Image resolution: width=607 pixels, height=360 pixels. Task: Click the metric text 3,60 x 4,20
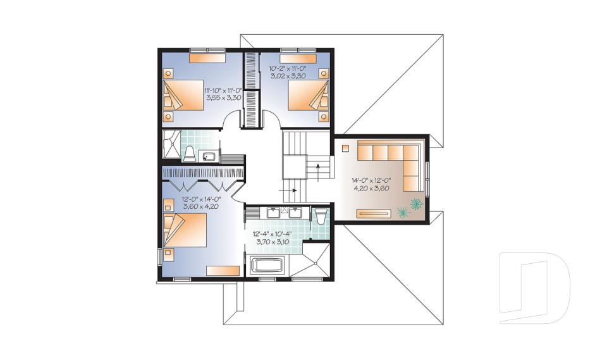tap(201, 206)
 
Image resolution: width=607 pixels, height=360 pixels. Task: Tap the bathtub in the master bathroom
tap(268, 266)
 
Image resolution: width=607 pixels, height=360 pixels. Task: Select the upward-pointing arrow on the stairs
tap(318, 173)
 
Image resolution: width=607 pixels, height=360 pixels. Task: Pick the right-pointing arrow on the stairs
tap(288, 190)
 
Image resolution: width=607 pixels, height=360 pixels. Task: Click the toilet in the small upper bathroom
tap(190, 154)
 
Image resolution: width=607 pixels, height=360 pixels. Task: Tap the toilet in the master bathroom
tap(321, 216)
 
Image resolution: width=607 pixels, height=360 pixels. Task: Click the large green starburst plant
tap(403, 212)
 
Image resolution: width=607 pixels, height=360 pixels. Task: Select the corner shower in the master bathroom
tap(316, 261)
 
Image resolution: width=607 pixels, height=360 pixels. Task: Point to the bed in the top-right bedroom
tap(308, 96)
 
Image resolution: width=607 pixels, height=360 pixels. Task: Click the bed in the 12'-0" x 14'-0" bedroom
tap(185, 230)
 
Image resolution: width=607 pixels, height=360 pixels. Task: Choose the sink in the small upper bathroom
tap(209, 156)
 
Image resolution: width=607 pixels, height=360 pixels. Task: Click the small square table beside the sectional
tap(345, 148)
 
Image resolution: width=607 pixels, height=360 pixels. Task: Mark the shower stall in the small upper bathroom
tap(171, 144)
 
